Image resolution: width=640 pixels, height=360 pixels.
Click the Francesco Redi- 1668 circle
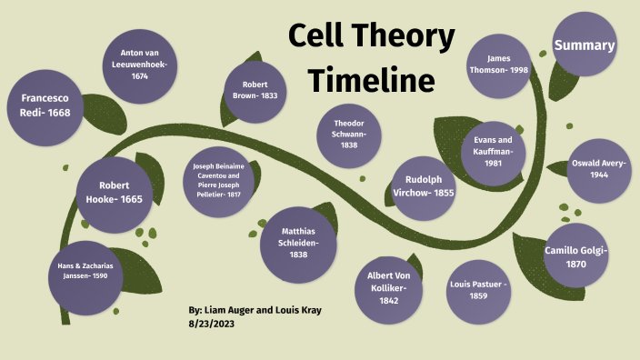pos(45,105)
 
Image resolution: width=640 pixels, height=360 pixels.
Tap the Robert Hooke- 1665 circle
pos(115,194)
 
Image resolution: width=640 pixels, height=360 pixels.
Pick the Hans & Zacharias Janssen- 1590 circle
pos(85,271)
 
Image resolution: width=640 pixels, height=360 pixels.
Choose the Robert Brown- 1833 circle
pos(255,91)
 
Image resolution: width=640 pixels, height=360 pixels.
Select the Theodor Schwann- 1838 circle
pos(349,135)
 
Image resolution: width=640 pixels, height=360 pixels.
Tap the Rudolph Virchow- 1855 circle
pos(424,187)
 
